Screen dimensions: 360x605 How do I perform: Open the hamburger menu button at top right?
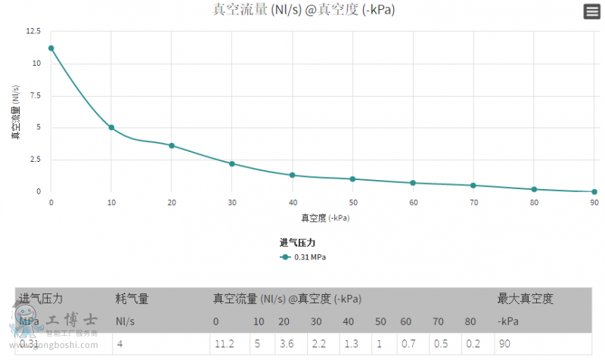pyautogui.click(x=591, y=11)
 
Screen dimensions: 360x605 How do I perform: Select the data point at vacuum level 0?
pyautogui.click(x=51, y=48)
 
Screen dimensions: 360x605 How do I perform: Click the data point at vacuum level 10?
pyautogui.click(x=111, y=128)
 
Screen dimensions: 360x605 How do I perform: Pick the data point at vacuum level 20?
pyautogui.click(x=172, y=145)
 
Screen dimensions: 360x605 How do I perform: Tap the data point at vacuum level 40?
pyautogui.click(x=292, y=175)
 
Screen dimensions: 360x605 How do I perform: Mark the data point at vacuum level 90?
pyautogui.click(x=594, y=192)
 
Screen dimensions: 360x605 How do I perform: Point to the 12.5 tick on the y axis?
pyautogui.click(x=33, y=32)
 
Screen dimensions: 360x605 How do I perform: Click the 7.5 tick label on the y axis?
pyautogui.click(x=35, y=96)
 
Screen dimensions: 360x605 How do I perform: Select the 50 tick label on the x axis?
pyautogui.click(x=352, y=203)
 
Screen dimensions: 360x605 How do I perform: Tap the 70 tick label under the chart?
pyautogui.click(x=473, y=203)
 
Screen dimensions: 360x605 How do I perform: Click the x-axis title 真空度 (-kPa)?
pyautogui.click(x=325, y=218)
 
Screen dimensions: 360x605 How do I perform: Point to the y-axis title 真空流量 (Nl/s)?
pyautogui.click(x=15, y=112)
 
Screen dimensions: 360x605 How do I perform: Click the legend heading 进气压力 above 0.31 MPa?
pyautogui.click(x=297, y=243)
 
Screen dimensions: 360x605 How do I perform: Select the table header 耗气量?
pyautogui.click(x=132, y=299)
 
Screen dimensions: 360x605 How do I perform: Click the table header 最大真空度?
pyautogui.click(x=525, y=299)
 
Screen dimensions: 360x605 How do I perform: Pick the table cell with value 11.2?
pyautogui.click(x=224, y=344)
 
